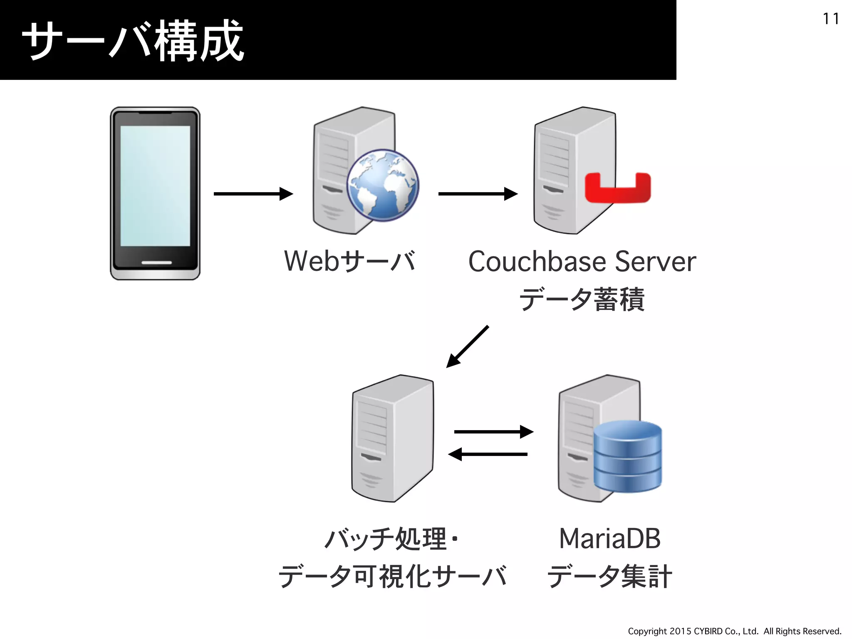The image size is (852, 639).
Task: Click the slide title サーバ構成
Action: point(132,41)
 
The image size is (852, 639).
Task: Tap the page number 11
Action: point(830,19)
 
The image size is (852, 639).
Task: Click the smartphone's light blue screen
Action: point(155,186)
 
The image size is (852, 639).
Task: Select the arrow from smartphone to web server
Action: point(253,194)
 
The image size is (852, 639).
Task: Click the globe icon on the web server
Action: point(383,185)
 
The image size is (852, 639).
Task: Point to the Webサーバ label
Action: point(349,261)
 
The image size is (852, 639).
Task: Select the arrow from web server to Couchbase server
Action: point(478,194)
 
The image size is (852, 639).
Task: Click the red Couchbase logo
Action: point(617,188)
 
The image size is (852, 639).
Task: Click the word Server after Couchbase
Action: point(655,262)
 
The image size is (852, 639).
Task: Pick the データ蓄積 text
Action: point(582,299)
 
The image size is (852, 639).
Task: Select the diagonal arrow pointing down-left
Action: point(467,347)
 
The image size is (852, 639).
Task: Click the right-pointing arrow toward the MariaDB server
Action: point(493,432)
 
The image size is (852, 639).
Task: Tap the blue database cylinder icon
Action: point(627,456)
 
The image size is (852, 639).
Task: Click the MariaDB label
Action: point(609,538)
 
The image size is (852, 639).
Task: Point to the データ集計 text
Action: point(609,576)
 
